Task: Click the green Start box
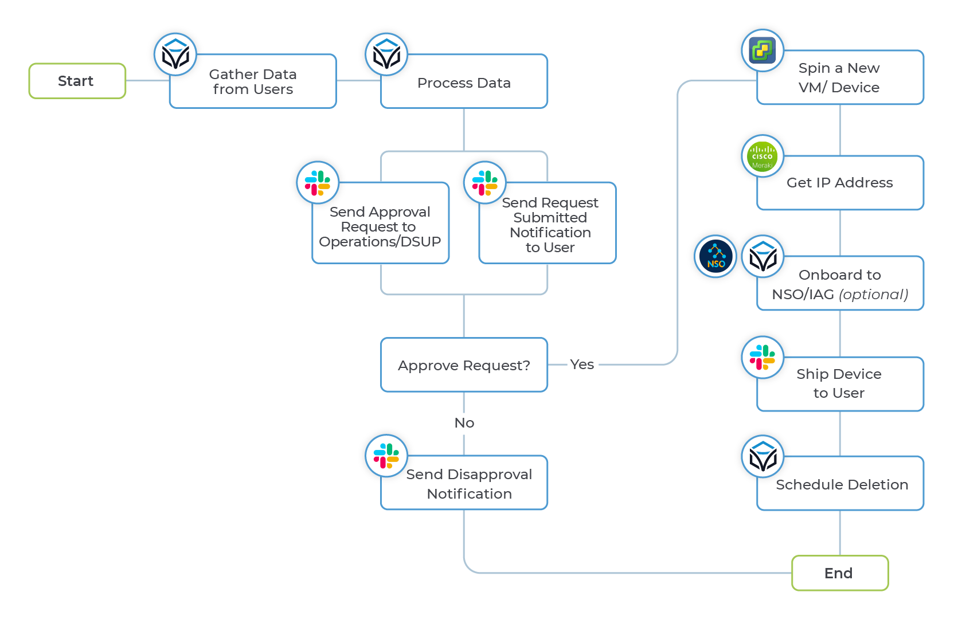point(77,81)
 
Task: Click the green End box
point(839,573)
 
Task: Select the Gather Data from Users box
point(253,82)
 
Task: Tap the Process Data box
point(464,83)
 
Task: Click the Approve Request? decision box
point(464,365)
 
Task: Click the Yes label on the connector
point(582,365)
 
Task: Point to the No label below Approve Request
point(464,423)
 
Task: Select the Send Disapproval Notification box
point(469,484)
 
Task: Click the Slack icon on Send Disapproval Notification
point(386,456)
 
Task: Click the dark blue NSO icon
point(715,256)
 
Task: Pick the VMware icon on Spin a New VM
point(762,50)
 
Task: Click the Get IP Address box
point(839,183)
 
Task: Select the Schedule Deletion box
point(842,485)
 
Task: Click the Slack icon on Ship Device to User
point(762,357)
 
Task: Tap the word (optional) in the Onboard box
point(874,295)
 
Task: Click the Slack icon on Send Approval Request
point(318,183)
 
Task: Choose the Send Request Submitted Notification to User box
point(550,225)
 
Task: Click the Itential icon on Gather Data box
point(175,54)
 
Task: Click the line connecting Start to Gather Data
point(147,81)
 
